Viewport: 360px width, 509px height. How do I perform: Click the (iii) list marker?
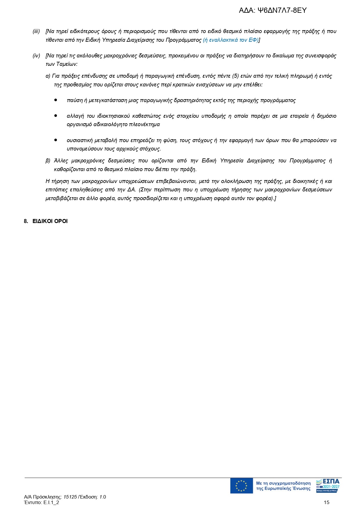[x=36, y=31]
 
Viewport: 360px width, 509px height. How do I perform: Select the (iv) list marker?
[x=36, y=56]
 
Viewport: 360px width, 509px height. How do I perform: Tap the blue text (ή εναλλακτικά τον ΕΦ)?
[x=231, y=40]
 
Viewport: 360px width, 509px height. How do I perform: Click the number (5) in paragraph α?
[x=236, y=76]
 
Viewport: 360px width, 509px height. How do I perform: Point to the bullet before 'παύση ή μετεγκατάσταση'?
[x=56, y=100]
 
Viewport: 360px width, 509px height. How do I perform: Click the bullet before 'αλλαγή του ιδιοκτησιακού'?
[x=56, y=116]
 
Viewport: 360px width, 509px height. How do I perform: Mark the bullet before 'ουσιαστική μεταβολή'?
[x=56, y=140]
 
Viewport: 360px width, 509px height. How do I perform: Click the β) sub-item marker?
[x=48, y=161]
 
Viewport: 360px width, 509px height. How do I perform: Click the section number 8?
[x=26, y=221]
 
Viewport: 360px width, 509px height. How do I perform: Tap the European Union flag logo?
[x=241, y=486]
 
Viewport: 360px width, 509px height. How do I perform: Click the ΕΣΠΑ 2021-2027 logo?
[x=328, y=486]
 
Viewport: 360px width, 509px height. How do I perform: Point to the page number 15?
[x=327, y=502]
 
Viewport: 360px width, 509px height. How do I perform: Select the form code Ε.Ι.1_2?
[x=51, y=502]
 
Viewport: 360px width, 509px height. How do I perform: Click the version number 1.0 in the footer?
[x=103, y=497]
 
